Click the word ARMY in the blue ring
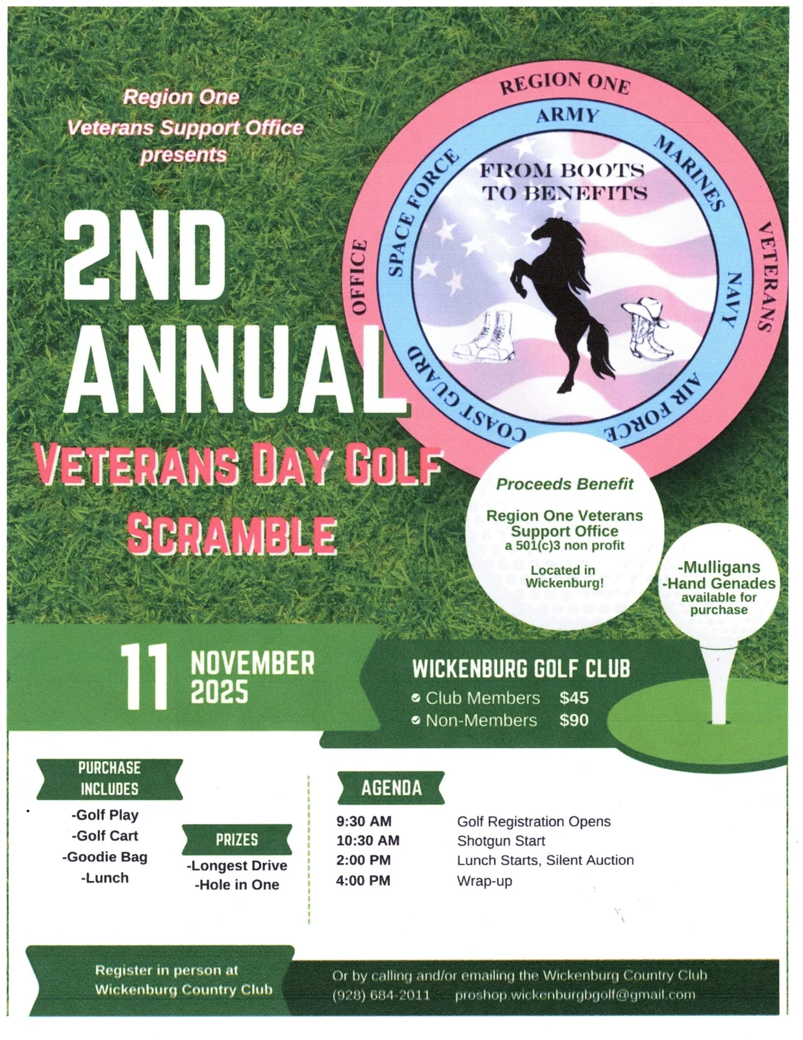pyautogui.click(x=567, y=116)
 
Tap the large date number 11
pyautogui.click(x=144, y=677)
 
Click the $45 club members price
pyautogui.click(x=574, y=698)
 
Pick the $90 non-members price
pyautogui.click(x=574, y=720)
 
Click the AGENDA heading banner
pyautogui.click(x=391, y=788)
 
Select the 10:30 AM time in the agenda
pyautogui.click(x=368, y=840)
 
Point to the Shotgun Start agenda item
pyautogui.click(x=501, y=841)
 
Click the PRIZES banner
pyautogui.click(x=236, y=839)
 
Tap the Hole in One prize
pyautogui.click(x=237, y=885)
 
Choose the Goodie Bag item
pyautogui.click(x=105, y=857)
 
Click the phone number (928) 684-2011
pyautogui.click(x=381, y=995)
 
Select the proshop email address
pyautogui.click(x=575, y=995)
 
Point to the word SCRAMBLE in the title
pyautogui.click(x=232, y=534)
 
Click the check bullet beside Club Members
pyautogui.click(x=416, y=698)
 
